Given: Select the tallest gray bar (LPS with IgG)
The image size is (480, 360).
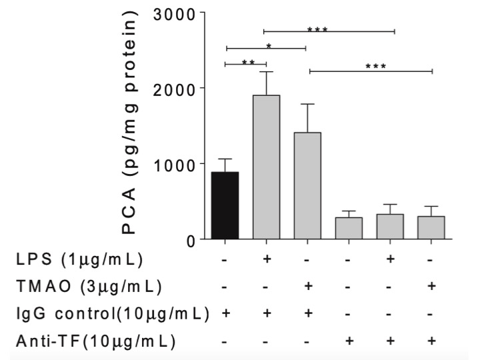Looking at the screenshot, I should pyautogui.click(x=266, y=167).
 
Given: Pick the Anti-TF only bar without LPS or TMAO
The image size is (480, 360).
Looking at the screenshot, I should pyautogui.click(x=349, y=227).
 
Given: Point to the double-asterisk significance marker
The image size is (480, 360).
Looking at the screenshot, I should pyautogui.click(x=248, y=63).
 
